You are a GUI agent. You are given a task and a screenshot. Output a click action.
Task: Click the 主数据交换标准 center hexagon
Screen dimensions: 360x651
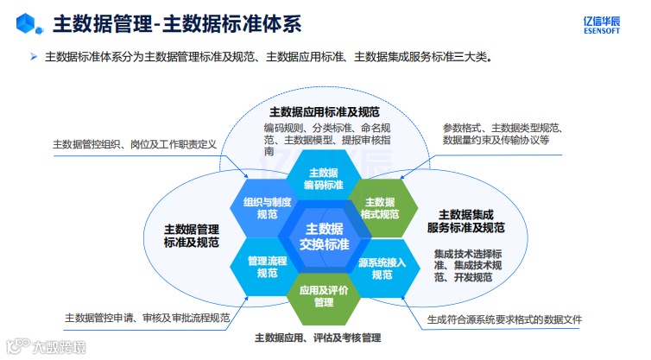click(x=325, y=236)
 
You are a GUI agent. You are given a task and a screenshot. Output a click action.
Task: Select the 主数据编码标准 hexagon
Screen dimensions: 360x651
click(x=325, y=179)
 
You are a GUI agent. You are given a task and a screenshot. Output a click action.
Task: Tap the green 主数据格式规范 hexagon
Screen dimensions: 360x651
click(x=381, y=207)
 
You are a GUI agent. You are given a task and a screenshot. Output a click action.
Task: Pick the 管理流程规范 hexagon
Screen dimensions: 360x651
click(x=267, y=266)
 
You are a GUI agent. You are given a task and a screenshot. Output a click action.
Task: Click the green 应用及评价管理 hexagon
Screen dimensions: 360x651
click(x=324, y=295)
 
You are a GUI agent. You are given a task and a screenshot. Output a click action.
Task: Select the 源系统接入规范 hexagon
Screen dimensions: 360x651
click(x=382, y=267)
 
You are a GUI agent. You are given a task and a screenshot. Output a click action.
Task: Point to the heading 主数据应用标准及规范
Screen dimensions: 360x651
click(x=325, y=111)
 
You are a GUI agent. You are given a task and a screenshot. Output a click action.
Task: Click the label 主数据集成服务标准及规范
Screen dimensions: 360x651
click(x=465, y=221)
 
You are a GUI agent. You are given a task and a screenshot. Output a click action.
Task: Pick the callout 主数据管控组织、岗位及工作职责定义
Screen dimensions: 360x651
click(x=134, y=144)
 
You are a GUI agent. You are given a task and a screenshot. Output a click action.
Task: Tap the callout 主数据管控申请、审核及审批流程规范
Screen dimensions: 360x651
click(x=148, y=318)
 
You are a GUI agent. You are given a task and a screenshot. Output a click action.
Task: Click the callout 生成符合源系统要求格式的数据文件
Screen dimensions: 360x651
click(x=504, y=319)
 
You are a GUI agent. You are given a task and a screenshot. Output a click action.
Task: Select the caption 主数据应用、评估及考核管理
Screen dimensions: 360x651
click(x=318, y=338)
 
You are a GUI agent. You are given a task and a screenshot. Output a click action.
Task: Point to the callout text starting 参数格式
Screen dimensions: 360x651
click(x=496, y=134)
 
